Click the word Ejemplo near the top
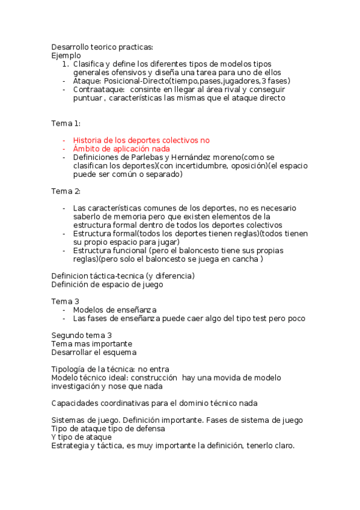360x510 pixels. pos(66,55)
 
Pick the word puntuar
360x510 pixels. pos(87,97)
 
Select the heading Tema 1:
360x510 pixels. pos(66,123)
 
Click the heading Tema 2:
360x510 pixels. pos(66,191)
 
